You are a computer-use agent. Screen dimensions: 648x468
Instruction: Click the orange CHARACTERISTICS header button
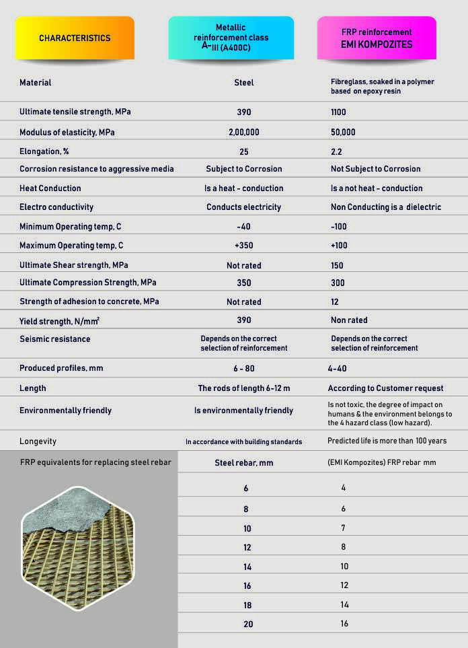74,38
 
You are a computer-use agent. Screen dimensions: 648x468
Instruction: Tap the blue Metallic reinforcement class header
231,38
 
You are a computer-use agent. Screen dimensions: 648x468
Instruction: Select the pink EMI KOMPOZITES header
377,38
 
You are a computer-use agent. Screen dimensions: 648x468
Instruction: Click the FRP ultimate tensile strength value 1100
340,112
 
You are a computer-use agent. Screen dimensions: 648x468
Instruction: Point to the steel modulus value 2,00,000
244,133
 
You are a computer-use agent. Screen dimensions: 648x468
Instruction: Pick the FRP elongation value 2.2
336,151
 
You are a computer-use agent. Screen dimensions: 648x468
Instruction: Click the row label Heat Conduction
50,188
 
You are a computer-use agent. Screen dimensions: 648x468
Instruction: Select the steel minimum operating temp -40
244,227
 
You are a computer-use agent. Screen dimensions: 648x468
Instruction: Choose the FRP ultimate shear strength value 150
338,265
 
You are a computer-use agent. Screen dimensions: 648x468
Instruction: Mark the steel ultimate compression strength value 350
244,283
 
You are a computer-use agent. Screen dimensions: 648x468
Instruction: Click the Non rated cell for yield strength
349,320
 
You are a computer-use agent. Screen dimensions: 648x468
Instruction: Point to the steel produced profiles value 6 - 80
244,369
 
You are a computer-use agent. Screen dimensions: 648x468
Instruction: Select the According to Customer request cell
385,388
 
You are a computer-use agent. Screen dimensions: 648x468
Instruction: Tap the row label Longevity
38,441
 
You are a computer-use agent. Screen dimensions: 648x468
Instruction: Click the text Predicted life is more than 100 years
387,441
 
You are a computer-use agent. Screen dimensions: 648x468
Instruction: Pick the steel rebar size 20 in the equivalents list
249,624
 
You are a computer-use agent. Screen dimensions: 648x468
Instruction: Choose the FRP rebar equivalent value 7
344,528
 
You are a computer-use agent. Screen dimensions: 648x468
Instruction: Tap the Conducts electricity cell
243,207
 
